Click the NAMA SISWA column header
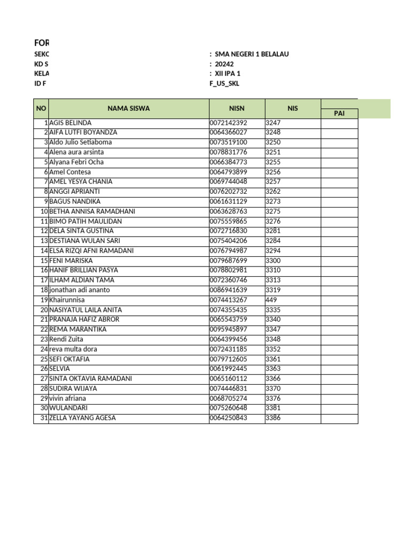[x=128, y=109]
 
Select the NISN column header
[x=237, y=109]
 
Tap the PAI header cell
[x=339, y=113]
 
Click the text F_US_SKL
[x=225, y=83]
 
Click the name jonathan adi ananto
[x=79, y=290]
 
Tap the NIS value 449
[x=271, y=300]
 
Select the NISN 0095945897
[x=229, y=329]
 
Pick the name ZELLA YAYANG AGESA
[x=82, y=418]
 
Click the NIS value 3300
[x=273, y=261]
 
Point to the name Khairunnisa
[x=67, y=300]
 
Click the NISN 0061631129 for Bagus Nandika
[x=229, y=201]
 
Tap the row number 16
[x=44, y=270]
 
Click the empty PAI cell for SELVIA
[x=339, y=369]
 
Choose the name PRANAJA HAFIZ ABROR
[x=84, y=319]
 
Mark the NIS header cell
[x=292, y=109]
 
